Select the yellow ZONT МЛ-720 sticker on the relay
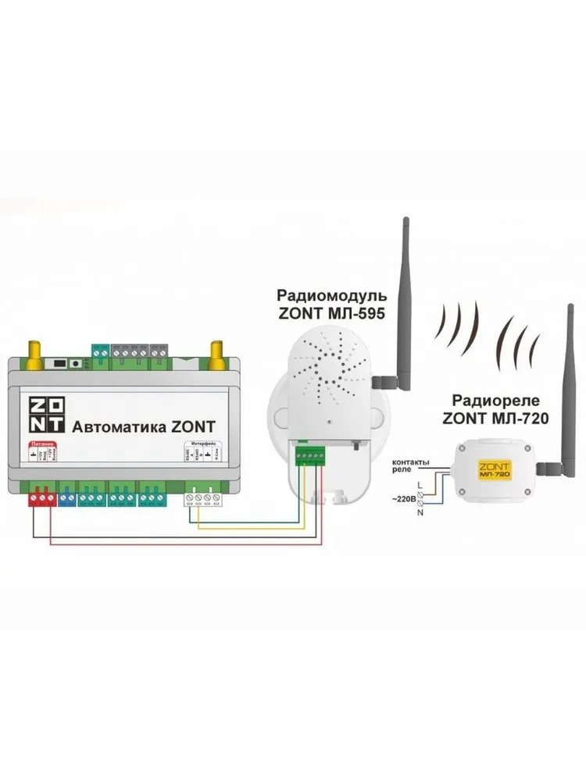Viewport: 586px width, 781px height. pos(493,469)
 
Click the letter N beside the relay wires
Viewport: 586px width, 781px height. pos(420,512)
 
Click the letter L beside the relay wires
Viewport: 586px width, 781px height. pos(420,486)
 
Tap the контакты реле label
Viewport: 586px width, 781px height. pos(409,468)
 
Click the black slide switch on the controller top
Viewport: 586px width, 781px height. pos(59,363)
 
